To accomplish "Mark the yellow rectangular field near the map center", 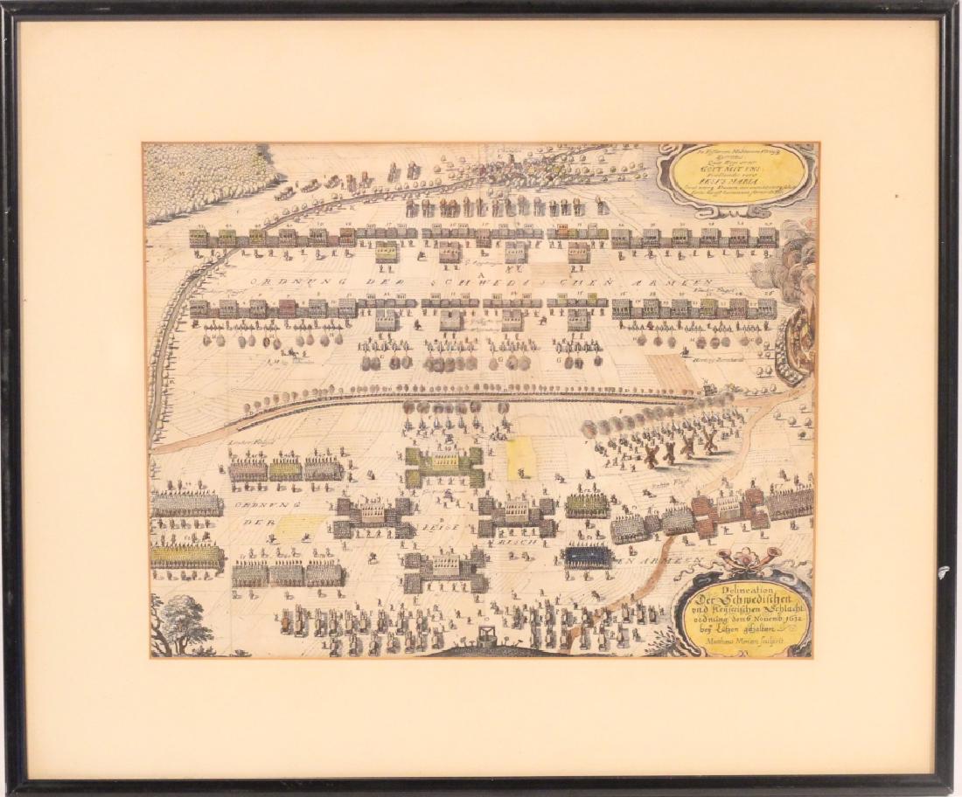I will [x=520, y=459].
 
